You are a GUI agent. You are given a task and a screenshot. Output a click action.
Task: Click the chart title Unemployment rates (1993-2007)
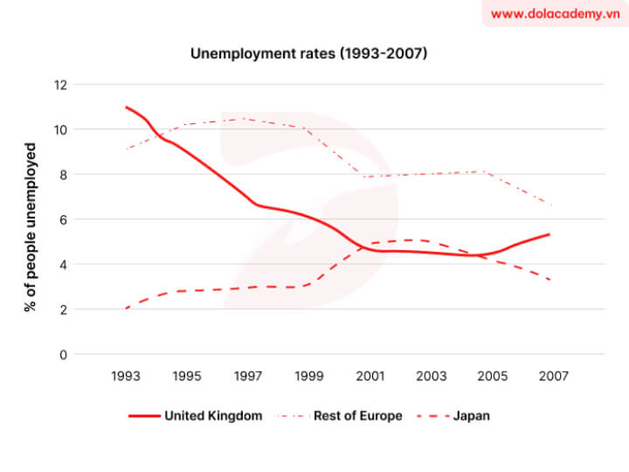(x=308, y=53)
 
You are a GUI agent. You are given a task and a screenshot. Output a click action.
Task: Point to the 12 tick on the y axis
(x=59, y=85)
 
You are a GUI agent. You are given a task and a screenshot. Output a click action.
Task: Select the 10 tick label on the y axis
(x=59, y=129)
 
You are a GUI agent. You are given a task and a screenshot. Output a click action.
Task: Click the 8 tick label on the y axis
(x=62, y=175)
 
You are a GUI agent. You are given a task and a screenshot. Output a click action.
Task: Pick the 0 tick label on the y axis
(x=62, y=354)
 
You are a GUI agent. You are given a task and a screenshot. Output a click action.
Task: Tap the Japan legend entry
(x=472, y=416)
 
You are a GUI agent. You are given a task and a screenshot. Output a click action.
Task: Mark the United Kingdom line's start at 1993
(x=127, y=107)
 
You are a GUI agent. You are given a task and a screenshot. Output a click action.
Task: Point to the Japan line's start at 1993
(x=127, y=309)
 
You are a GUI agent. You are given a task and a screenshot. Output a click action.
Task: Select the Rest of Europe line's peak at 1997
(x=245, y=119)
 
